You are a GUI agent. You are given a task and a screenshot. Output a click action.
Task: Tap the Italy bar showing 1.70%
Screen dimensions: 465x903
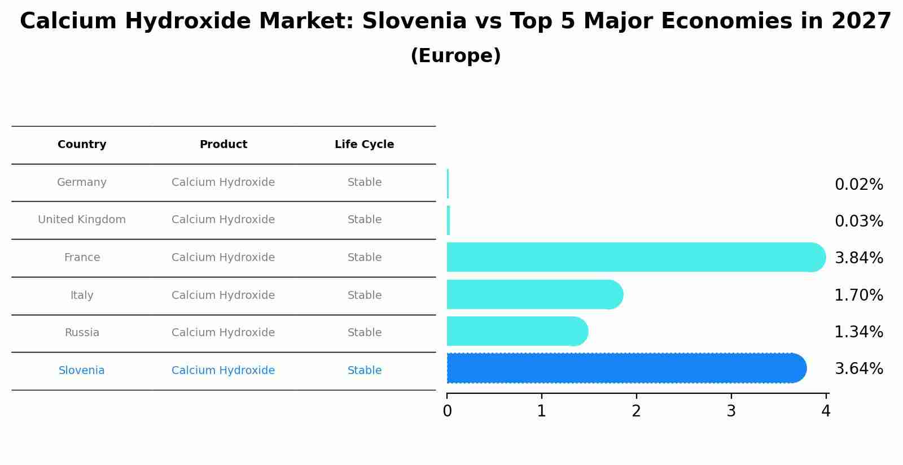pyautogui.click(x=534, y=294)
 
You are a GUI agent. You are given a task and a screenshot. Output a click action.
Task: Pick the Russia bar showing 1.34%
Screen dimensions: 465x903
pyautogui.click(x=516, y=331)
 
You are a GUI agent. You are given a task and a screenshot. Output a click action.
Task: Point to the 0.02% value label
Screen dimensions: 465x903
pyautogui.click(x=858, y=185)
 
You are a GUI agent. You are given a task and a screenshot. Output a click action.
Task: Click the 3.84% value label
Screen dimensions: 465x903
pyautogui.click(x=858, y=258)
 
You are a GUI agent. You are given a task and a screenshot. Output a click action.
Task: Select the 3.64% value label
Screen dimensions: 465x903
pyautogui.click(x=858, y=369)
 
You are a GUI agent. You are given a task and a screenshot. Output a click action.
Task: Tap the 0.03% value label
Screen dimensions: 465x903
pyautogui.click(x=858, y=221)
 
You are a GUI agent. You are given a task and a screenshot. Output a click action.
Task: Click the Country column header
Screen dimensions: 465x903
pyautogui.click(x=82, y=145)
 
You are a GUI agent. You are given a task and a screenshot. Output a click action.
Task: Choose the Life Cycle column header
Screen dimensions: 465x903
pyautogui.click(x=364, y=145)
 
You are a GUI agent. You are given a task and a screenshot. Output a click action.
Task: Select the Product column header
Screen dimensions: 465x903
pyautogui.click(x=223, y=145)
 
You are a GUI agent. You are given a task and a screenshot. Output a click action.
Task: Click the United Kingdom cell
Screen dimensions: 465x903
pyautogui.click(x=82, y=220)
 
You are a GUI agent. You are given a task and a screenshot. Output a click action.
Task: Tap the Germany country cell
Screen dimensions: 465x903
pyautogui.click(x=82, y=182)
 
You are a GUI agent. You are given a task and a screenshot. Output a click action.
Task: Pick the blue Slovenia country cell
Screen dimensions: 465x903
pyautogui.click(x=82, y=371)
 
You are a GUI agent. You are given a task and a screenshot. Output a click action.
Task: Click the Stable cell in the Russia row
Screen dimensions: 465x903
pyautogui.click(x=365, y=333)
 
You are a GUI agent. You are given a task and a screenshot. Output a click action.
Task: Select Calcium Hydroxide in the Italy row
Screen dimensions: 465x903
pyautogui.click(x=223, y=295)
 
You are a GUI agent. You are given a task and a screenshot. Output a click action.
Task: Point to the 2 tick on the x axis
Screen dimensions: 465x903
pyautogui.click(x=637, y=411)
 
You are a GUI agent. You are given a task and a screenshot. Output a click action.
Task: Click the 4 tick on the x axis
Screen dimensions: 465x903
pyautogui.click(x=826, y=411)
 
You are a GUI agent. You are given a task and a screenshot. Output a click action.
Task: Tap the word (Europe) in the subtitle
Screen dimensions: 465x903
pyautogui.click(x=455, y=56)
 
